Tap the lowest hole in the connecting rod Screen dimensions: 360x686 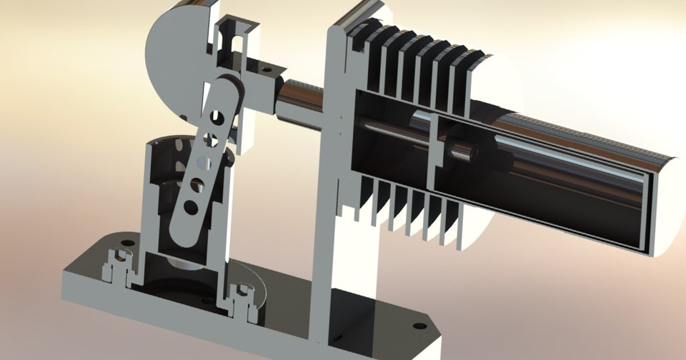(x=190, y=207)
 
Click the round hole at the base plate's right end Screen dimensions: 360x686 (x=419, y=326)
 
